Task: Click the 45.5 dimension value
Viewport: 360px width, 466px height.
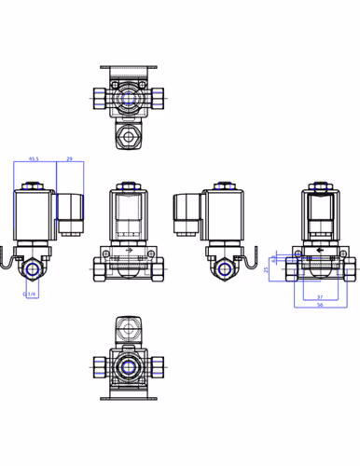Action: click(x=34, y=159)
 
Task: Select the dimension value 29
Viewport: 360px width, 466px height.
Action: click(x=70, y=159)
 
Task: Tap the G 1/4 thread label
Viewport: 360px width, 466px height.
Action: click(x=31, y=295)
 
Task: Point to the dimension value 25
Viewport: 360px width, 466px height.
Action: click(x=266, y=269)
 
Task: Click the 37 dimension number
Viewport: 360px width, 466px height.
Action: click(x=319, y=297)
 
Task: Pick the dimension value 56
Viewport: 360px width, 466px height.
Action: click(x=319, y=305)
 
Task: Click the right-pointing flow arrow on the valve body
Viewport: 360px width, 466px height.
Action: click(x=129, y=252)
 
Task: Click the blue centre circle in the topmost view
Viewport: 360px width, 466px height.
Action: click(x=129, y=96)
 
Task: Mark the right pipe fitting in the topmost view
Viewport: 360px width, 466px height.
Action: click(x=159, y=96)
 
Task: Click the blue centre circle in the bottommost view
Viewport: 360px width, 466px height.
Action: click(x=129, y=365)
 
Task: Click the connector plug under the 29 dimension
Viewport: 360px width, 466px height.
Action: click(x=69, y=211)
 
